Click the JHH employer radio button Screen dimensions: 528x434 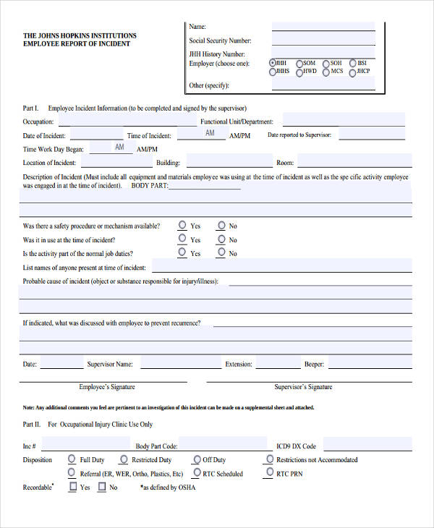pos(272,63)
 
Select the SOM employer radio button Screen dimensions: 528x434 pos(299,63)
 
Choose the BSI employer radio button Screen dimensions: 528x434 pos(352,63)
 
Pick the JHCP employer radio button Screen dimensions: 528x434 pos(352,72)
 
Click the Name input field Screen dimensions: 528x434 pos(323,27)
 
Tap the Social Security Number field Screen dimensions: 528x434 pos(323,41)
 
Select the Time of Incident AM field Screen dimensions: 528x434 pos(205,134)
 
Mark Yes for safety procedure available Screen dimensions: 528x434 pos(182,226)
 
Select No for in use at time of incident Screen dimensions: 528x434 pos(221,239)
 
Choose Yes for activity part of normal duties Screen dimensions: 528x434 pos(182,253)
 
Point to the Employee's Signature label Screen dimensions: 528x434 pos(107,387)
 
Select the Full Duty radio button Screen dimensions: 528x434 pos(72,459)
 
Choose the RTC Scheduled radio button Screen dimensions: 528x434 pos(195,473)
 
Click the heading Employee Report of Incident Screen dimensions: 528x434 pos(77,44)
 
